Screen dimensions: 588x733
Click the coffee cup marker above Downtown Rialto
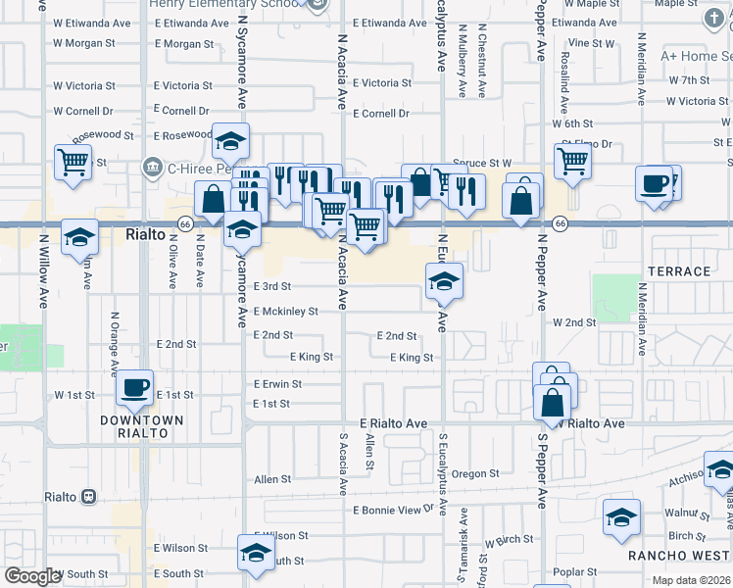coord(135,388)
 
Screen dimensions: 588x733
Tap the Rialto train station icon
coord(89,497)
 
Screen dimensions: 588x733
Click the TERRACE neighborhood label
coord(679,271)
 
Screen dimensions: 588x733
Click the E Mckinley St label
coord(285,312)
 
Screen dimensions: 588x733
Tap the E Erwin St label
coord(277,384)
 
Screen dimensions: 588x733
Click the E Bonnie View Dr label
coord(393,511)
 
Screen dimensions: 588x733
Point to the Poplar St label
coord(575,572)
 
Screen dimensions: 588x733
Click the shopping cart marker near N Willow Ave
coord(73,163)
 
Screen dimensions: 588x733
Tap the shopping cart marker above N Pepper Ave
coord(572,161)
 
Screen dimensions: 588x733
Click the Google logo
coord(32,577)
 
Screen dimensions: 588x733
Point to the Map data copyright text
coord(690,580)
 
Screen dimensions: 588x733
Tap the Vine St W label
coord(591,43)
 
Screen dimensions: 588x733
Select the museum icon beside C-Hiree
coord(152,168)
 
